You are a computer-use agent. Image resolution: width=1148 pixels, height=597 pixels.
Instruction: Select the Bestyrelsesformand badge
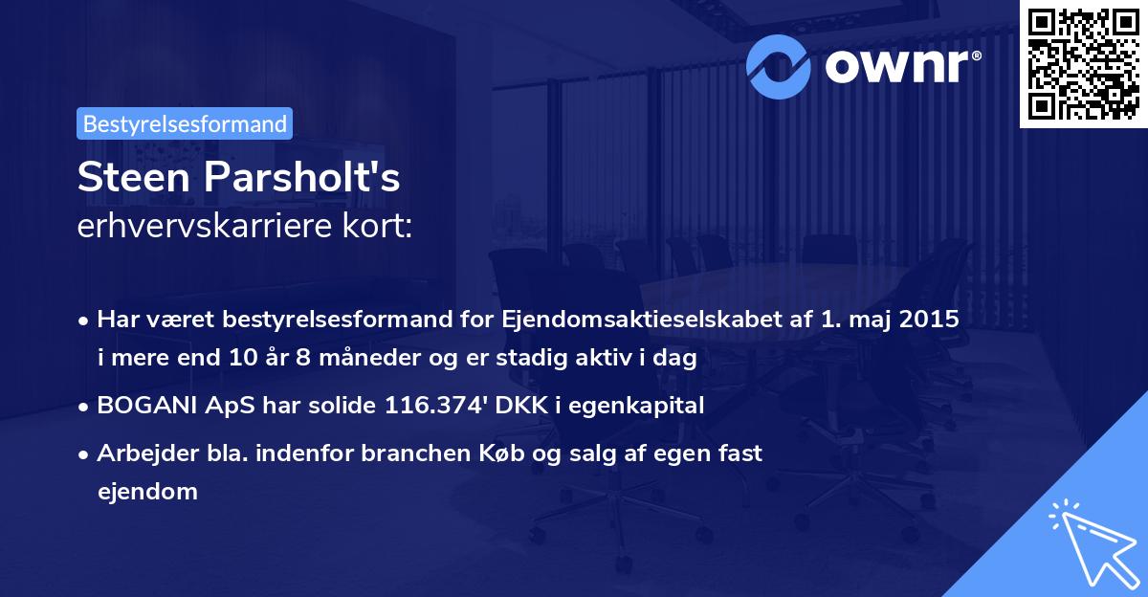click(184, 123)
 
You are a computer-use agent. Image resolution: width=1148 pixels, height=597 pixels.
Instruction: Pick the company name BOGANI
click(137, 405)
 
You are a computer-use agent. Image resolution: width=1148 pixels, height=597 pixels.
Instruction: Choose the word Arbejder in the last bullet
click(138, 453)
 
